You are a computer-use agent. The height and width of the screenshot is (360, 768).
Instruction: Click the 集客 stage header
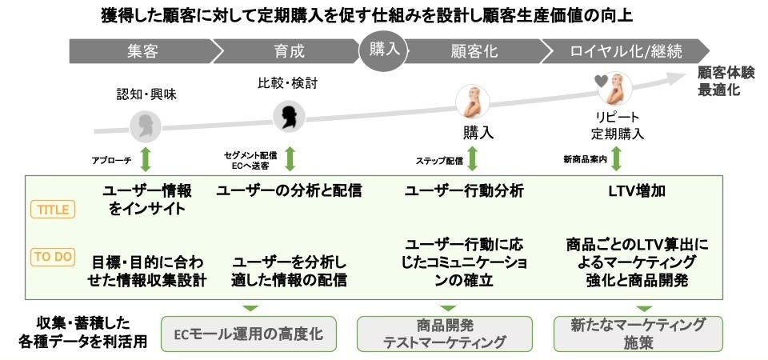point(143,52)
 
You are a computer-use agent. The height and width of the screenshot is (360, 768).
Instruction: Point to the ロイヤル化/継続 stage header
point(615,52)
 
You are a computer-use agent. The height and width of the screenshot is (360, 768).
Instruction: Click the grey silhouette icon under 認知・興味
point(146,126)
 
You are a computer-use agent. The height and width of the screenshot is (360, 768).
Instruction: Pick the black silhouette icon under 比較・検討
point(286,117)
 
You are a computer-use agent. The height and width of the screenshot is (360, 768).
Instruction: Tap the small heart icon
point(601,80)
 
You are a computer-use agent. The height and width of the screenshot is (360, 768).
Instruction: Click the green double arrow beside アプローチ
point(146,158)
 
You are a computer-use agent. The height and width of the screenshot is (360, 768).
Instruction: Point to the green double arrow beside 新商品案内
point(617,158)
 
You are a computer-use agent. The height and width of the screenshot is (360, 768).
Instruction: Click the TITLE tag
point(53,210)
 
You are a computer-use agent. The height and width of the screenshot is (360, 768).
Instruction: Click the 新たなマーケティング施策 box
point(638,334)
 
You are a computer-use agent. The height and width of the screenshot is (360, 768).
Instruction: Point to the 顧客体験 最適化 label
point(725,81)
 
